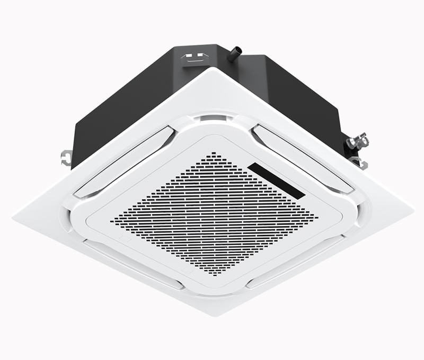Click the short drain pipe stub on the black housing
(234, 53)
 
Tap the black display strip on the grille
(276, 181)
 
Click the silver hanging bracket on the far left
(65, 157)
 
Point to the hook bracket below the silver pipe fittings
(360, 162)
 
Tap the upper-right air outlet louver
(302, 157)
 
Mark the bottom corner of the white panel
(212, 316)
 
